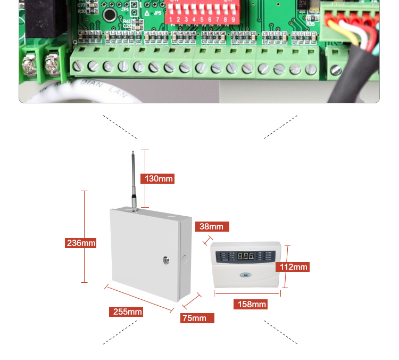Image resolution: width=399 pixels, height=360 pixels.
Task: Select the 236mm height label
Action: coord(81,243)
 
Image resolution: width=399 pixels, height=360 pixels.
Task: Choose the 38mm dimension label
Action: coord(212,226)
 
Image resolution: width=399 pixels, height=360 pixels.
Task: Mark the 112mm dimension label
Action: coord(294,267)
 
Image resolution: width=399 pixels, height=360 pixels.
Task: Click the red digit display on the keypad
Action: coord(246,256)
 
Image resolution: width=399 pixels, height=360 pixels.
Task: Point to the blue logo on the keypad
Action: coord(246,275)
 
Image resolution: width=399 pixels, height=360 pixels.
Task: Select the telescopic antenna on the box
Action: coord(134,178)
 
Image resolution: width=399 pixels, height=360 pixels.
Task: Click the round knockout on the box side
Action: coord(185,260)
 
